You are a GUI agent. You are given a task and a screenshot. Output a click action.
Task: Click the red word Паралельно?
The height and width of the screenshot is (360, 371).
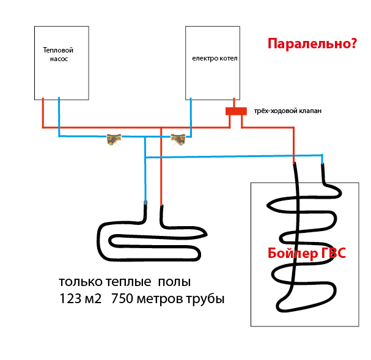[x=312, y=44]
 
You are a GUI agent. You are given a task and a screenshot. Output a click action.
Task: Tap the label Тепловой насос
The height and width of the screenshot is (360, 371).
[x=58, y=54]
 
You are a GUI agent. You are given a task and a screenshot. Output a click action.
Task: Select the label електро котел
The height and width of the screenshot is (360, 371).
[x=215, y=58]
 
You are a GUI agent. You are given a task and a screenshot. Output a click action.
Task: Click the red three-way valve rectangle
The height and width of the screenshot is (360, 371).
[x=236, y=111]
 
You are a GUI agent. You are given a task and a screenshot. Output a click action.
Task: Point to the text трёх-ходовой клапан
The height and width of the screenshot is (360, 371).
[x=288, y=111]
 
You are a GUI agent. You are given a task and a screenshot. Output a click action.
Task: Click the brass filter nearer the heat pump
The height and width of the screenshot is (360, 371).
[x=114, y=139]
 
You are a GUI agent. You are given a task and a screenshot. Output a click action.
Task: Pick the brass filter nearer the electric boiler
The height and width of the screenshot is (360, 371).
[x=178, y=139]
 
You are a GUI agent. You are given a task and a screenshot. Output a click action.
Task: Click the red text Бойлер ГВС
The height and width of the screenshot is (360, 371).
[x=307, y=253]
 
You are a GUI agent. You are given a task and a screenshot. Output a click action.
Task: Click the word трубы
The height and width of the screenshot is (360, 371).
[x=205, y=299]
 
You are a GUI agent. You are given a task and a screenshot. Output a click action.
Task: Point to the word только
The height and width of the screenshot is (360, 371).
[x=81, y=282]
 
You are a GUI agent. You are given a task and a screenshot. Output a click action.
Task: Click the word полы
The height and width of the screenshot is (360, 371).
[x=174, y=282]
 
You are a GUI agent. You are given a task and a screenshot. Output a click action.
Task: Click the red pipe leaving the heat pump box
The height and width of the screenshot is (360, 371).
[x=43, y=113]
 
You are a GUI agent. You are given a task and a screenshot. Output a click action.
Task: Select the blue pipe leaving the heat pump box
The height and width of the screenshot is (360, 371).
[x=59, y=117]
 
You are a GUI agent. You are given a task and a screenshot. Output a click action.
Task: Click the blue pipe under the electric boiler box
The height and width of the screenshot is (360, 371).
[x=191, y=117]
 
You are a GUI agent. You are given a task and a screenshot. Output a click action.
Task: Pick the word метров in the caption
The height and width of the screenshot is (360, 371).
[x=160, y=299]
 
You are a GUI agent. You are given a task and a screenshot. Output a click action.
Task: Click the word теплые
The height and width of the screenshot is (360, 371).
[x=128, y=282]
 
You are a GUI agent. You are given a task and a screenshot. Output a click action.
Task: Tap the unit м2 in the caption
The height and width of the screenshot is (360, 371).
[x=94, y=299]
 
